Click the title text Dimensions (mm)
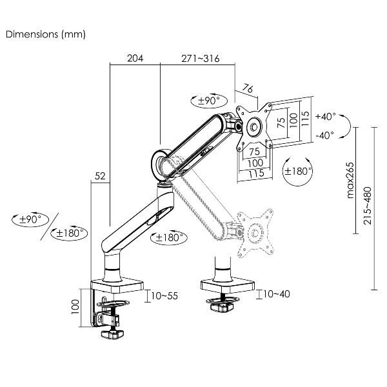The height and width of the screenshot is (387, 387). pos(45,34)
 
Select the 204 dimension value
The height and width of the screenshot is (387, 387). pos(134,58)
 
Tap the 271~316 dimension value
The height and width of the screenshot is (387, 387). pos(200,58)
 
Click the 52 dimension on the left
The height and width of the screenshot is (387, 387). pos(100,175)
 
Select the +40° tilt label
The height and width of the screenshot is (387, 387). pos(326,117)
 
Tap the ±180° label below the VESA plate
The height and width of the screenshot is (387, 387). pos(297,171)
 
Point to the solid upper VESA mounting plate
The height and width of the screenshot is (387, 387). pos(253,125)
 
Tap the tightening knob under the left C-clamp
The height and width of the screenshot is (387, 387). pos(114,334)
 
